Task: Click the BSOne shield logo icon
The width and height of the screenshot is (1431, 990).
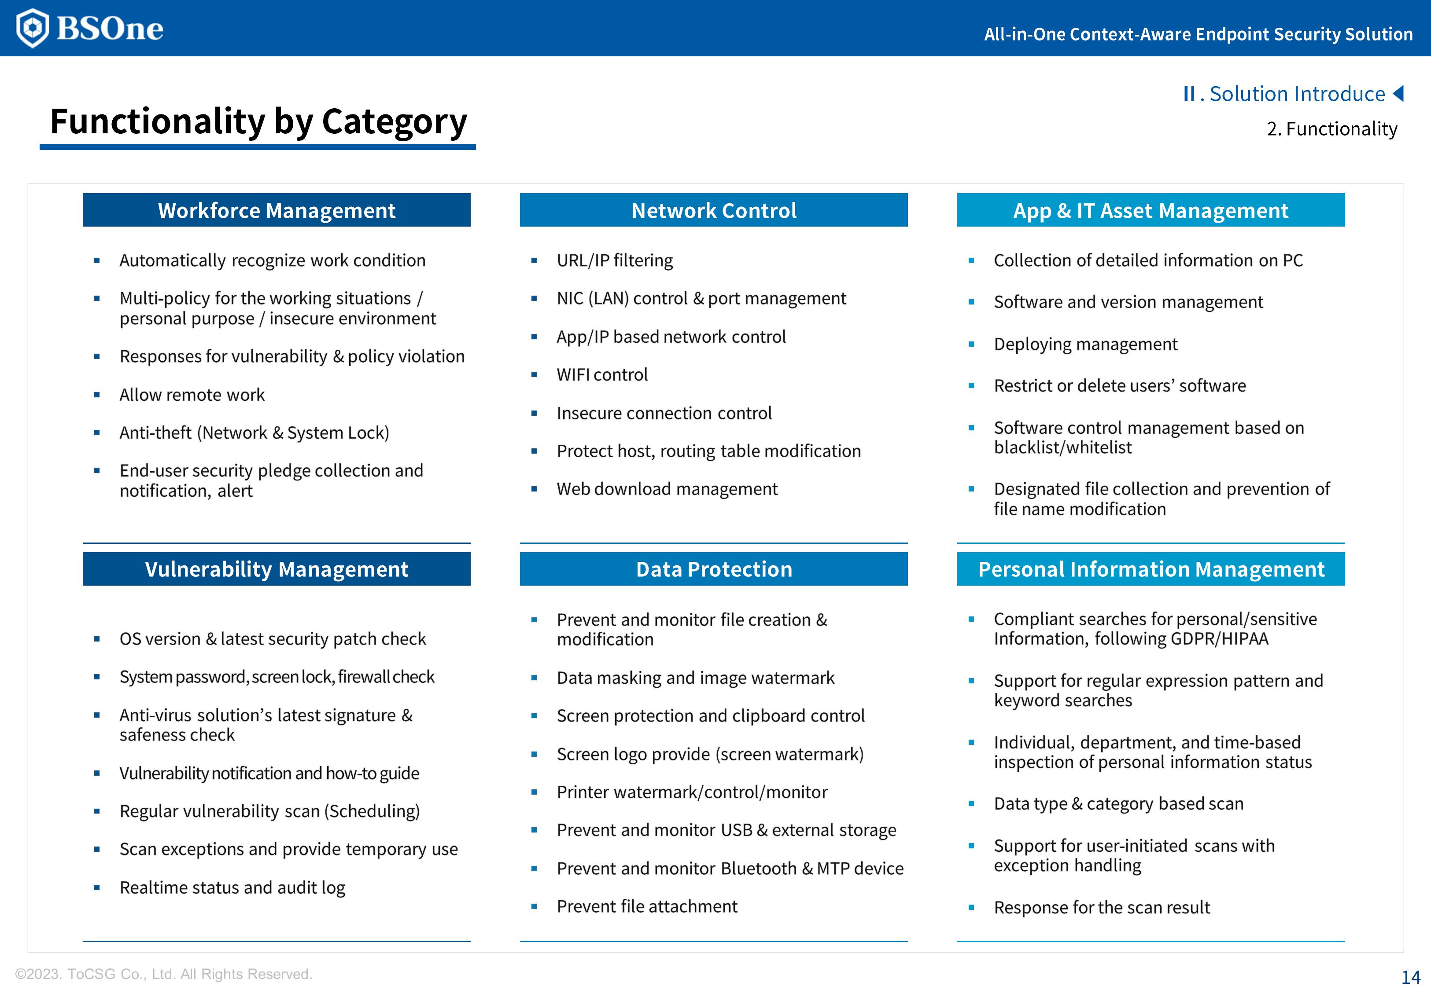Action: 32,28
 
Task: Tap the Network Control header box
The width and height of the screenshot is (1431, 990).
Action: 714,210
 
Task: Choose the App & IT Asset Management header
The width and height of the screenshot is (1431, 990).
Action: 1151,210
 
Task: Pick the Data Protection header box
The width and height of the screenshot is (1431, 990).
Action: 714,569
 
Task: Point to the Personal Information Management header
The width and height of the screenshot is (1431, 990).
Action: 1151,569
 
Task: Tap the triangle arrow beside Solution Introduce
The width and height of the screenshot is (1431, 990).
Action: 1399,94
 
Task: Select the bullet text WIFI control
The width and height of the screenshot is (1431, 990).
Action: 602,375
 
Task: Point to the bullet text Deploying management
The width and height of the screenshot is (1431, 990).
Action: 1085,344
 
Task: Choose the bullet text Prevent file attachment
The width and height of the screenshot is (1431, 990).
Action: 647,906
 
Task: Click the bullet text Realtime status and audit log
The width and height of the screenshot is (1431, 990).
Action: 232,887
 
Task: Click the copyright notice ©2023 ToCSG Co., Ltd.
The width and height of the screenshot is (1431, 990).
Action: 164,974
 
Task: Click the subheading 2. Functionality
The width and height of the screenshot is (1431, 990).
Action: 1332,128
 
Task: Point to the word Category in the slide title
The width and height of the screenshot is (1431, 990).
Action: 394,121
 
